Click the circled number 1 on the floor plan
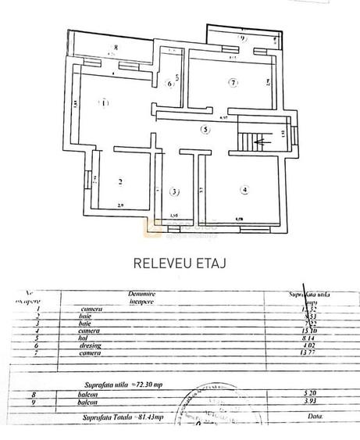coord(104,102)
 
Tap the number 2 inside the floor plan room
coord(120,183)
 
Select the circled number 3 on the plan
coord(175,191)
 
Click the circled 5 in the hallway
coord(205,130)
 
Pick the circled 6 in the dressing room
coord(169,84)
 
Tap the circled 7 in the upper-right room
coord(232,82)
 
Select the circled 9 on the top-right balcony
coord(243,37)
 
